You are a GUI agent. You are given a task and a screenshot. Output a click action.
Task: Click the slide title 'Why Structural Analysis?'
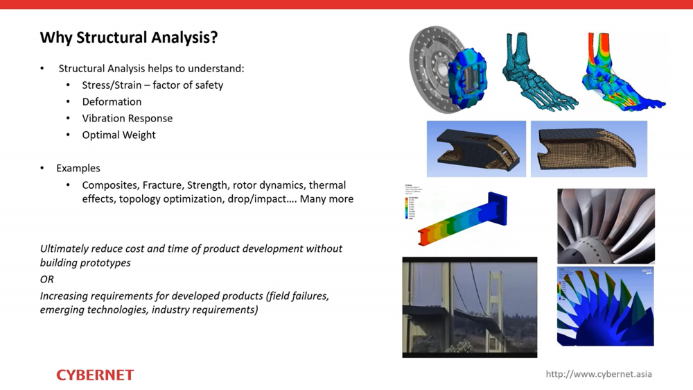point(129,37)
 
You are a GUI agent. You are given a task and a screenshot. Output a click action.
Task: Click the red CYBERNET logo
point(95,375)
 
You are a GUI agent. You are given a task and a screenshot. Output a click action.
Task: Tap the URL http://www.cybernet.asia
point(599,374)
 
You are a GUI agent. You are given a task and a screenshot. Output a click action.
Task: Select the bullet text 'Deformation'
point(112,101)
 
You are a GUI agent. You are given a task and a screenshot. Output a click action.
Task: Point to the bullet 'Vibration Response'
point(127,118)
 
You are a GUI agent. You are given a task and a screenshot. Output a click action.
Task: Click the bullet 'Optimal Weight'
point(119,135)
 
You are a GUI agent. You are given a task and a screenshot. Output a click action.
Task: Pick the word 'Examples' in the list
point(78,168)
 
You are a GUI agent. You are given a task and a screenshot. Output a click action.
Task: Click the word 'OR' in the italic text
point(46,279)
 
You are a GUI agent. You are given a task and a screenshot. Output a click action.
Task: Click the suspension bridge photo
point(469,307)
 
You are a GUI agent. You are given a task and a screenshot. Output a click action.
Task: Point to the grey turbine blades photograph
point(606,226)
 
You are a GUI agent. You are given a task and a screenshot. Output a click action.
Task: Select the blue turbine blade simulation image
point(605,306)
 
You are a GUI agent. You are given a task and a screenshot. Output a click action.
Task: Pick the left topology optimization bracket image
point(476,149)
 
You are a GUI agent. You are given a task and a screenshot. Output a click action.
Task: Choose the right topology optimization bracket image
point(588,149)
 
